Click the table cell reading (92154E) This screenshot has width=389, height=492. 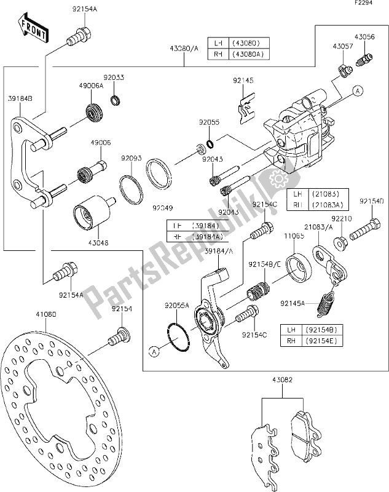coord(315,340)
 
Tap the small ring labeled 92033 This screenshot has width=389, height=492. coord(114,100)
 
